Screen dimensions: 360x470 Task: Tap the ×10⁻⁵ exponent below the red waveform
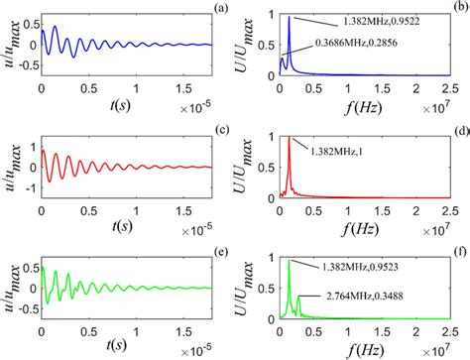point(201,218)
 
